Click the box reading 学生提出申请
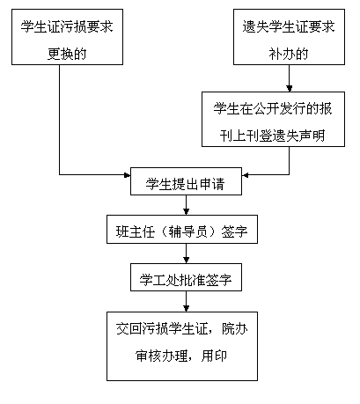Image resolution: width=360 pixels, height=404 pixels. [x=186, y=181]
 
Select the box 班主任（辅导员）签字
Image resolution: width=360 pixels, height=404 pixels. [x=182, y=229]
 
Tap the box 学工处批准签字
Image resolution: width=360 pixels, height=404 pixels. [x=186, y=277]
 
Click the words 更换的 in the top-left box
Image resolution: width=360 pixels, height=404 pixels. [x=67, y=54]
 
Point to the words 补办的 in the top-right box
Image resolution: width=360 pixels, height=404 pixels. [x=289, y=54]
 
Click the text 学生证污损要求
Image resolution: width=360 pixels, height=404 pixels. [x=67, y=26]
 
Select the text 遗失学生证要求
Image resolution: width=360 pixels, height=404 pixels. [x=289, y=26]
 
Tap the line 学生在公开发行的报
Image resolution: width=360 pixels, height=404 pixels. [x=273, y=108]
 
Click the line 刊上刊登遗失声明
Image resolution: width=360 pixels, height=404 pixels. [x=273, y=136]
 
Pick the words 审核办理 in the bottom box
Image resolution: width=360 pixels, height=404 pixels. [x=161, y=356]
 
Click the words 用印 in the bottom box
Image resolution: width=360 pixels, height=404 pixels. [x=214, y=356]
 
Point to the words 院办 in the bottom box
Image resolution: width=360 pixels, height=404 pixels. [x=235, y=329]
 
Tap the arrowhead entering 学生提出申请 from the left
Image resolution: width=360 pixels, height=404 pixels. [x=127, y=175]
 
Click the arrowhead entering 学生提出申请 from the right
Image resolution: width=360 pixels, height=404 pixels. [x=246, y=175]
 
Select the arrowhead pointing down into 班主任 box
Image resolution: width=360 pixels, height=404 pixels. [x=186, y=211]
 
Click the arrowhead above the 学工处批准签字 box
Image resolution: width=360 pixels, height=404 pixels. [x=186, y=260]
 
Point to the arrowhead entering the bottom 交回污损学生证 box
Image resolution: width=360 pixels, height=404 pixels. [x=186, y=308]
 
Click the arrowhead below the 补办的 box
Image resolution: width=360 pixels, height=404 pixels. [x=290, y=88]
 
